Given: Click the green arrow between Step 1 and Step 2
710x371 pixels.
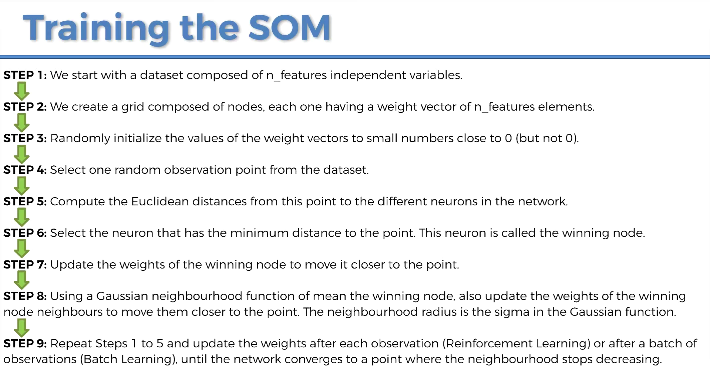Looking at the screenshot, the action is (22, 91).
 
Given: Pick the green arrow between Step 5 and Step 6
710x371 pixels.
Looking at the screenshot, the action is (22, 217).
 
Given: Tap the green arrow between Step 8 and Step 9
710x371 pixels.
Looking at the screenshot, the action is (22, 328).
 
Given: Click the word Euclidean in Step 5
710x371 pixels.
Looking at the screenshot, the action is (160, 201).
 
